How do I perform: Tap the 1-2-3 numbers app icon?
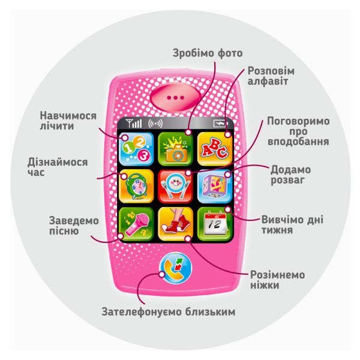pos(136,149)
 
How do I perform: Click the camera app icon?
pos(176,149)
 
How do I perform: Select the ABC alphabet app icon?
pos(215,149)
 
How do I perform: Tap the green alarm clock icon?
pos(136,187)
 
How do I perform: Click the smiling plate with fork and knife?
pos(176,187)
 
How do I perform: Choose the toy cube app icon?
pos(215,187)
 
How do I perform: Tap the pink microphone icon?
pos(136,224)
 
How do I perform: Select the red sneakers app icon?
pos(176,224)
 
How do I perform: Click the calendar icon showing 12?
pos(215,224)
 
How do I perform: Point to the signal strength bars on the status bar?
pos(134,124)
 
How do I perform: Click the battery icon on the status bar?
pos(220,124)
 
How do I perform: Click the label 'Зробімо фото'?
pos(208,53)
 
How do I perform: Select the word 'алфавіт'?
pos(268,81)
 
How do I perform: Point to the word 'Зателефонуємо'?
pos(142,312)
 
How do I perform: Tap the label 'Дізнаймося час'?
pos(58,167)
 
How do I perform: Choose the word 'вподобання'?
pos(298,142)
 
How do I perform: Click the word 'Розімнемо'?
pos(277,275)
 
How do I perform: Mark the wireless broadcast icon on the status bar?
pos(155,124)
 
